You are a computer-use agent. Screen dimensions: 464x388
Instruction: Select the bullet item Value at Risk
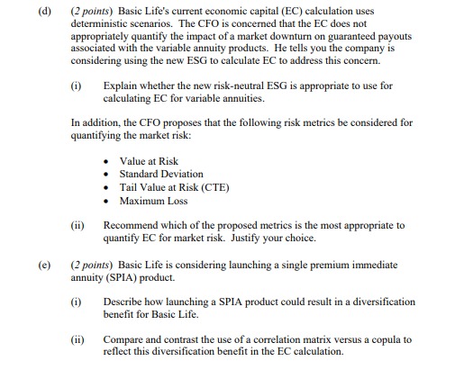(x=149, y=161)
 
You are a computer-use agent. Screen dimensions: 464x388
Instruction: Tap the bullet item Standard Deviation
(x=161, y=174)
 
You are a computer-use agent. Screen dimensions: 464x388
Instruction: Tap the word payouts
(x=399, y=38)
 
